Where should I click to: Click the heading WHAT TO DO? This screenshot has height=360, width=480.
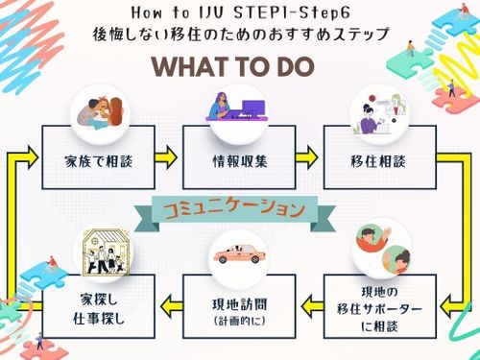233,66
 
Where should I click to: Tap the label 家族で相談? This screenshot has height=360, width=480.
99,161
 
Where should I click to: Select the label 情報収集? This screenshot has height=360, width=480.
240,161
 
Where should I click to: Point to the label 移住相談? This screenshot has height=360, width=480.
378,161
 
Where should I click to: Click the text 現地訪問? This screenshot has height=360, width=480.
239,304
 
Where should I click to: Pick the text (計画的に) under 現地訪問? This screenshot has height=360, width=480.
239,321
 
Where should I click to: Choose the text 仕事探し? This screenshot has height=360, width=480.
99,319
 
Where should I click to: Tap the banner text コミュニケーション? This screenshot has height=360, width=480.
234,209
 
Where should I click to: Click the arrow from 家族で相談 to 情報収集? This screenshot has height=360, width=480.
166,157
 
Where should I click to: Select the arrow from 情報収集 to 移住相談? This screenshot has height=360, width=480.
306,157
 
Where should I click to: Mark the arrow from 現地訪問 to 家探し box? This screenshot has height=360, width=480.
172,306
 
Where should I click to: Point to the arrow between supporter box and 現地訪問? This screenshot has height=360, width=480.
313,306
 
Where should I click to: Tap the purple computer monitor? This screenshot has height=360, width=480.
253,108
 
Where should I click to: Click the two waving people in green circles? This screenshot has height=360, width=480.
383,250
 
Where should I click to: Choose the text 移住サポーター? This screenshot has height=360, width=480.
379,309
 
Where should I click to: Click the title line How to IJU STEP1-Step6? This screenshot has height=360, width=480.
241,12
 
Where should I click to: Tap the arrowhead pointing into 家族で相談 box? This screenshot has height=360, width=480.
33,157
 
